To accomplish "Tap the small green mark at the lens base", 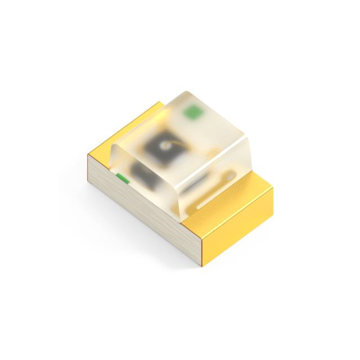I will [x=121, y=179].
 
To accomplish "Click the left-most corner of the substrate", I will [x=88, y=159].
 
